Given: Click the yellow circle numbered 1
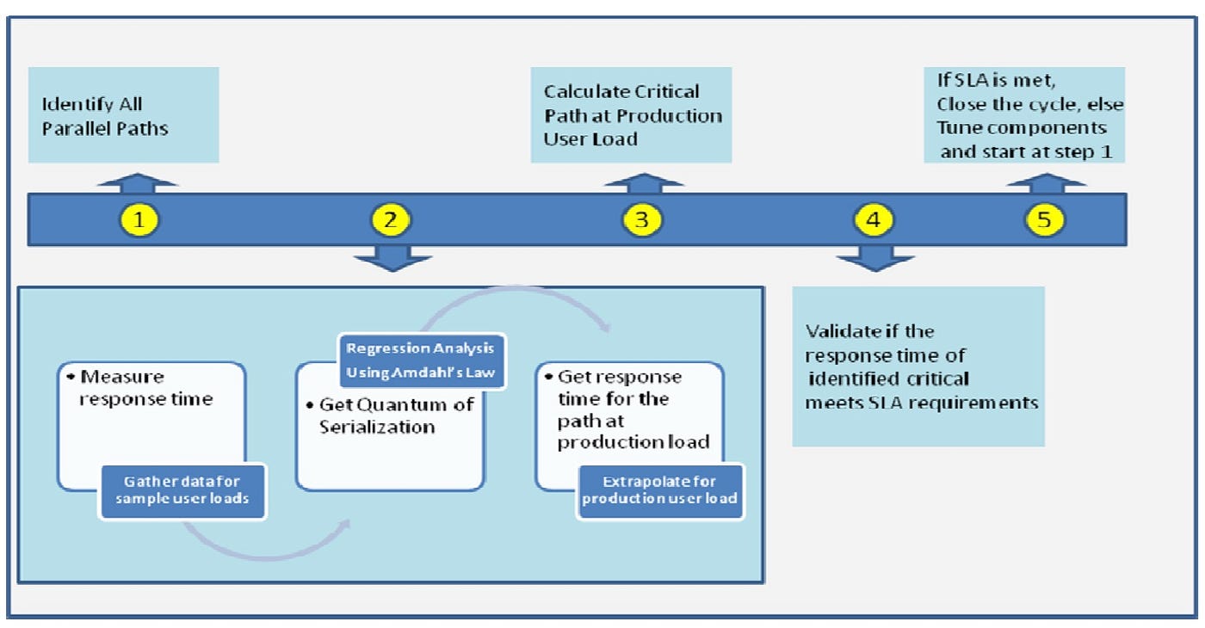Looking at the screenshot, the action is point(139,220).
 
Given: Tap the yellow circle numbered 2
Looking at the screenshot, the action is point(391,220).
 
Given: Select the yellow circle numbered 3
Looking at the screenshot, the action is point(642,220).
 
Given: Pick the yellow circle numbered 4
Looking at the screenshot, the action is point(874,220).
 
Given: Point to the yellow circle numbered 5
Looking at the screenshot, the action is point(1044,220).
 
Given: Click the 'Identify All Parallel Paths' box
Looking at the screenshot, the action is point(124,115).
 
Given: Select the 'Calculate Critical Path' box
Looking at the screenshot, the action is point(632,115).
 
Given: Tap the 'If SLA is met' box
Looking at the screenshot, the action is point(1024,115).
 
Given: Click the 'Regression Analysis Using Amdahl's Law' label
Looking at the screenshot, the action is point(421,360).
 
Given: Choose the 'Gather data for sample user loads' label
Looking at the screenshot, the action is point(182,490).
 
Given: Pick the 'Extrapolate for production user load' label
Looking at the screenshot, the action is point(659,490).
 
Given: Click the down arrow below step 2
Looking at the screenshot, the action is point(392,259).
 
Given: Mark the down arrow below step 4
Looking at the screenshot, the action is point(875,259).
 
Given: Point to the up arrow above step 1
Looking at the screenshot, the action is point(138,183).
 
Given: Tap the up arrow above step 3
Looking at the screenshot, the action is point(644,183).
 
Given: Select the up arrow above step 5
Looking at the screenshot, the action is point(1047,183).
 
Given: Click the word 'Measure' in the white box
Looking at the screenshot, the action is point(122,377).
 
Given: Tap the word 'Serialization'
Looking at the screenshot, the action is point(377,427).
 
